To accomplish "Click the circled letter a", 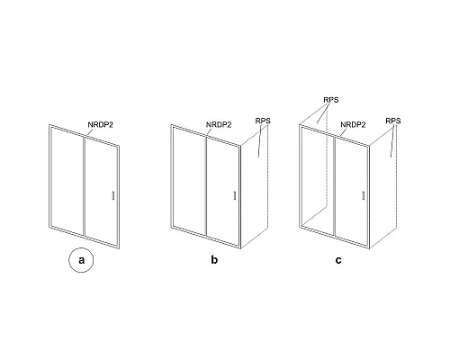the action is click(81, 260).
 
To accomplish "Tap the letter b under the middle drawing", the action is click(214, 259).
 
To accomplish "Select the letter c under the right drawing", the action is click(338, 260).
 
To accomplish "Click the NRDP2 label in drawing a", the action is click(100, 125).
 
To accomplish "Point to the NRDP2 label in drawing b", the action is click(219, 125).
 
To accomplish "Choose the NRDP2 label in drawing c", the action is click(353, 125).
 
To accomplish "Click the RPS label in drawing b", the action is click(263, 121).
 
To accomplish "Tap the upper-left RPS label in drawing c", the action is click(331, 100).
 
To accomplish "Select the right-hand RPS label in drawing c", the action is click(393, 121).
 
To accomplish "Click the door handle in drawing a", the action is click(113, 195).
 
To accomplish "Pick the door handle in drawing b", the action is click(235, 195).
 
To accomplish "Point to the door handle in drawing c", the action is click(364, 195).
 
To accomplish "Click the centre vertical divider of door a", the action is click(84, 185).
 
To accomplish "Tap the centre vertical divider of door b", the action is click(206, 185).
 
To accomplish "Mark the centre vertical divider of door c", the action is click(334, 185).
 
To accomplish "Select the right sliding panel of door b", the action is click(223, 191).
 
